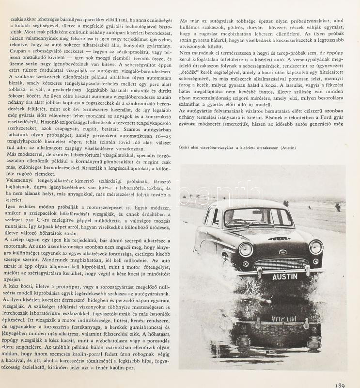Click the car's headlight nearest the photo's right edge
(x=315, y=247)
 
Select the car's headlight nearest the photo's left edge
(x=246, y=249)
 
